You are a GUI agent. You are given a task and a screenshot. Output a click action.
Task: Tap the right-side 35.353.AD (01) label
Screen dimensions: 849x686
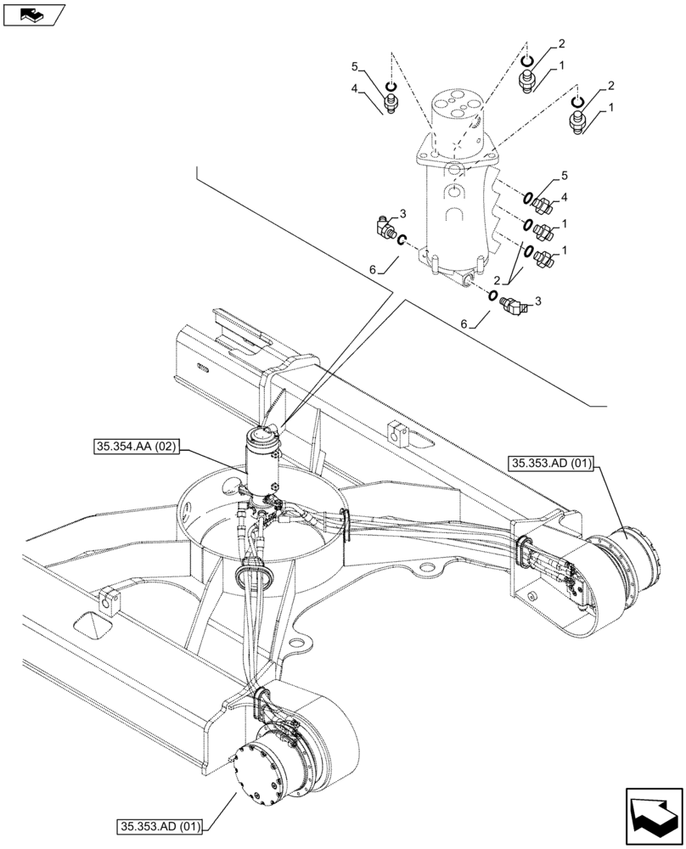[554, 464]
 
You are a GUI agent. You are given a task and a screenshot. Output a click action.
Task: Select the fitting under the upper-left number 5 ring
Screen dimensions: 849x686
[391, 104]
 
